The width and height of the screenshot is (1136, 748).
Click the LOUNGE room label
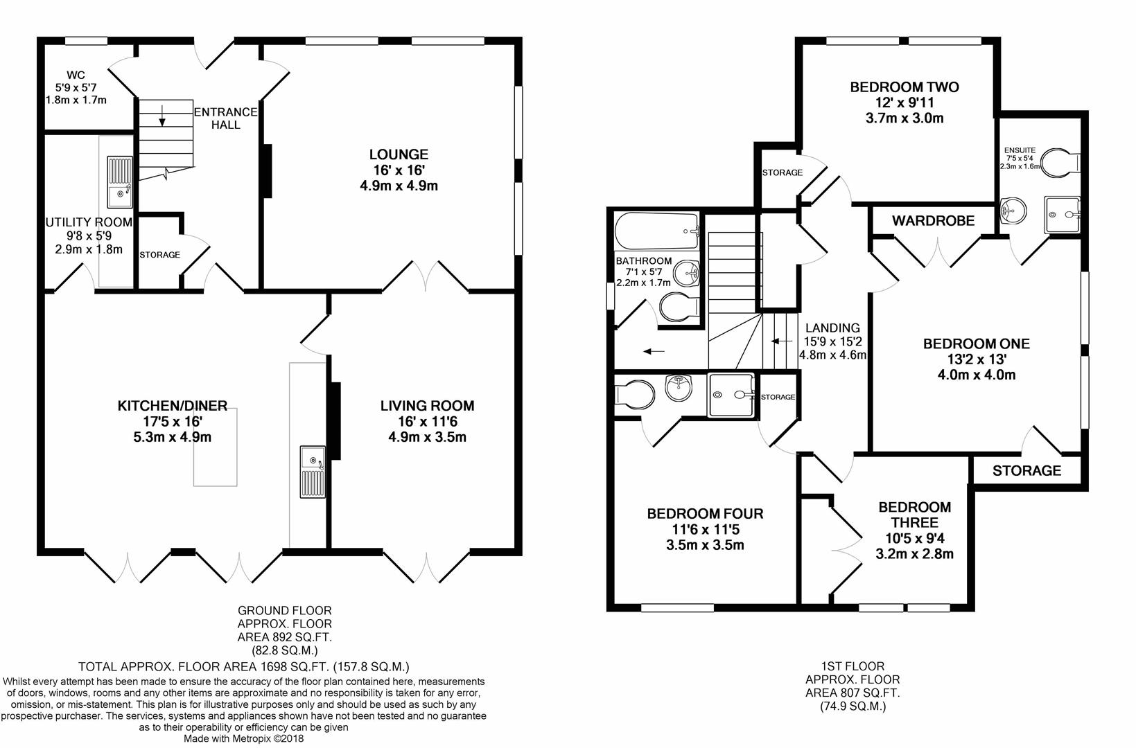pyautogui.click(x=399, y=154)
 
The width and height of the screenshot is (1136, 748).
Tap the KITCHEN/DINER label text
pyautogui.click(x=173, y=405)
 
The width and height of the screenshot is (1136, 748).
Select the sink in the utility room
pyautogui.click(x=120, y=182)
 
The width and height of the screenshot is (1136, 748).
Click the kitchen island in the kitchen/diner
pyautogui.click(x=215, y=447)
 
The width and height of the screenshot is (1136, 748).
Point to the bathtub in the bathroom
pyautogui.click(x=657, y=231)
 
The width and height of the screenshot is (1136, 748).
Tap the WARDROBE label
pyautogui.click(x=933, y=221)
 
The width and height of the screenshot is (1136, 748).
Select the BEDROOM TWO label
pyautogui.click(x=905, y=87)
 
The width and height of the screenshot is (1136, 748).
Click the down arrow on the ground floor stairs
pyautogui.click(x=162, y=115)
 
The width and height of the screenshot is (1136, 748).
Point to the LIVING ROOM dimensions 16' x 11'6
pyautogui.click(x=428, y=421)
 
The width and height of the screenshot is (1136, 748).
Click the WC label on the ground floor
pyautogui.click(x=76, y=75)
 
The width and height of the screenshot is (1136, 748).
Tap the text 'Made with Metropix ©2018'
pyautogui.click(x=243, y=738)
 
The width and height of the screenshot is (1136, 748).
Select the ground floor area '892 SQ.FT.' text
pyautogui.click(x=284, y=637)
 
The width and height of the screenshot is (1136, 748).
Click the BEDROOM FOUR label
pyautogui.click(x=705, y=514)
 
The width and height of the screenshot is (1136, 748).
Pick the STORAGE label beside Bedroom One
pyautogui.click(x=1026, y=471)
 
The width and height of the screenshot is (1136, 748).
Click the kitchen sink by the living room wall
pyautogui.click(x=313, y=472)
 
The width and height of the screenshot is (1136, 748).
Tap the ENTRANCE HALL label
pyautogui.click(x=226, y=118)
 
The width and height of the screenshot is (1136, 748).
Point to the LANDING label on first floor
pyautogui.click(x=832, y=328)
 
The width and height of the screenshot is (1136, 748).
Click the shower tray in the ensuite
pyautogui.click(x=1062, y=215)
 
